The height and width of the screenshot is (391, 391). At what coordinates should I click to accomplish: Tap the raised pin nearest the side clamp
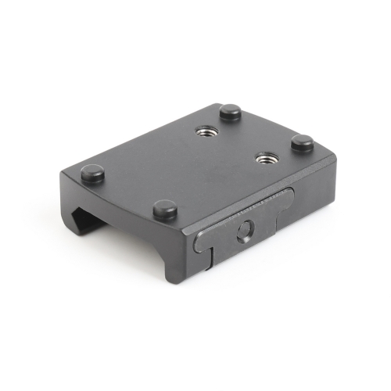click(164, 209)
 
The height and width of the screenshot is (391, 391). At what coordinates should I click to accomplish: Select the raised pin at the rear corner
click(230, 113)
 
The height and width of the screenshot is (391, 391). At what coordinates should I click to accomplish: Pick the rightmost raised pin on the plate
click(302, 143)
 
